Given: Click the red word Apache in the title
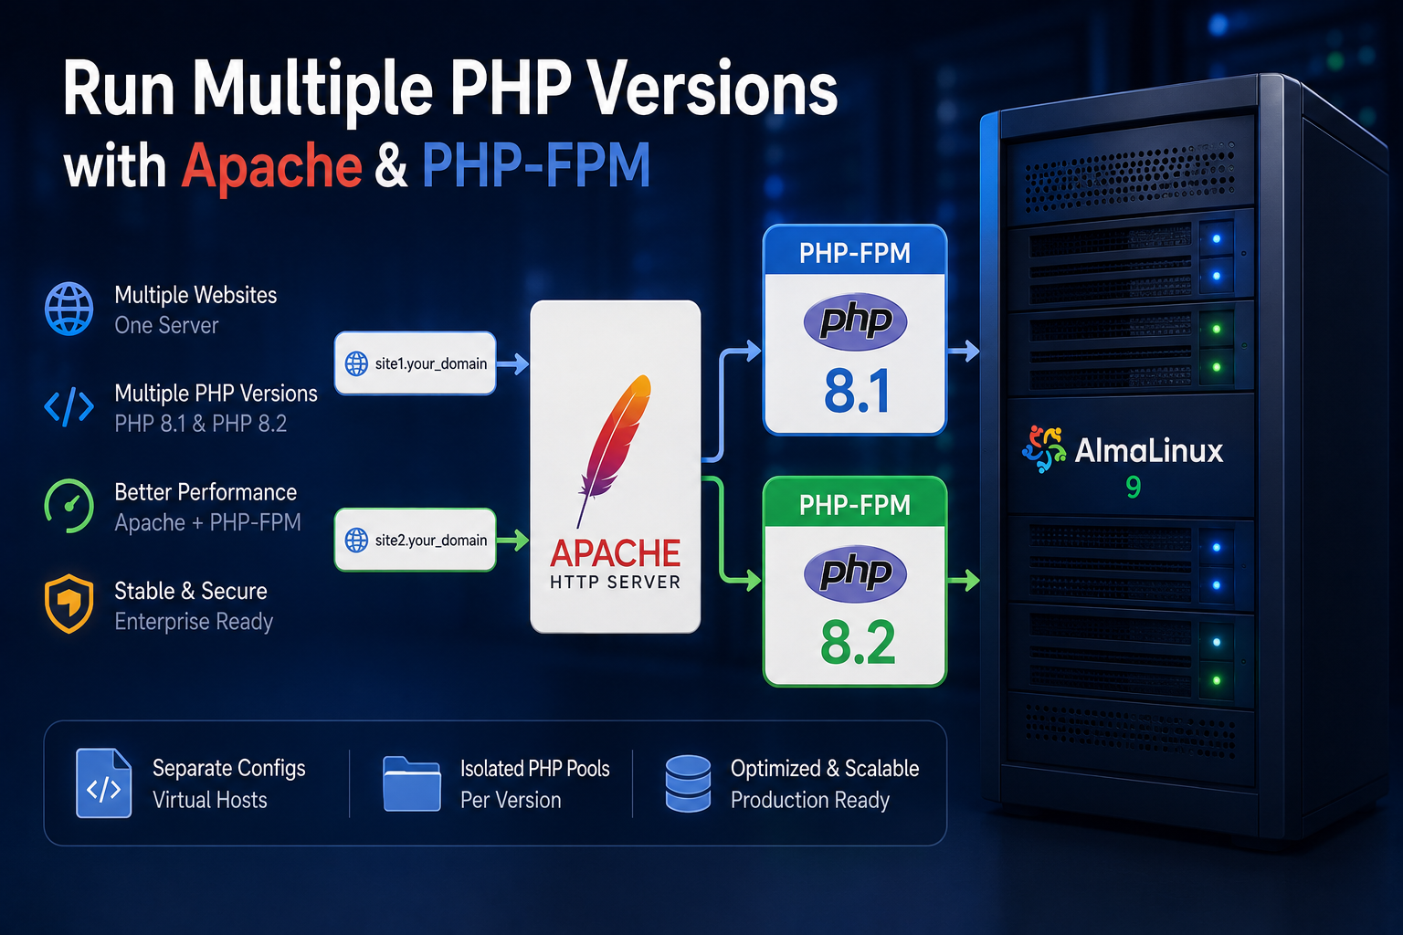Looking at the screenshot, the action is [271, 165].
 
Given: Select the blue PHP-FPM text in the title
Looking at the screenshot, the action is [536, 165].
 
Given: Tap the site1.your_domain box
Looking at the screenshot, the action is [416, 363].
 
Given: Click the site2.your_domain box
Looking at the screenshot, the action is [416, 540].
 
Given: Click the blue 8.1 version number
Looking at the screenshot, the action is [857, 392].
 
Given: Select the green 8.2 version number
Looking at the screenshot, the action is [858, 643].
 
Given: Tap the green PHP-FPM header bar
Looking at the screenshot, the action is [855, 502].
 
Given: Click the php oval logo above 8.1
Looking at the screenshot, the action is [855, 321].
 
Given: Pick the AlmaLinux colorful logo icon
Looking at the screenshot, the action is [1043, 449].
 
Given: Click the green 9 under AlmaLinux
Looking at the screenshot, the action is [1133, 487].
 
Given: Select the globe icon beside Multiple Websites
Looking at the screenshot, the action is [69, 309].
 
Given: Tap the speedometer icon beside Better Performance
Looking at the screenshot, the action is [69, 506].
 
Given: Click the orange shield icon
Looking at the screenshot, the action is [69, 604].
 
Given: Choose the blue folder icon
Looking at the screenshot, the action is [412, 783].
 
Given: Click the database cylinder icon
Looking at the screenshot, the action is [688, 783].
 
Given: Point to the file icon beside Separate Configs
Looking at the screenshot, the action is [103, 783].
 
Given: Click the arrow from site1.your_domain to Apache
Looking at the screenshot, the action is [513, 363].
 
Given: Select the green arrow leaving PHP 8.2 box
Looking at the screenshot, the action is [964, 581].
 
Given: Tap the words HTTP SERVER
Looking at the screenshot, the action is [615, 583].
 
